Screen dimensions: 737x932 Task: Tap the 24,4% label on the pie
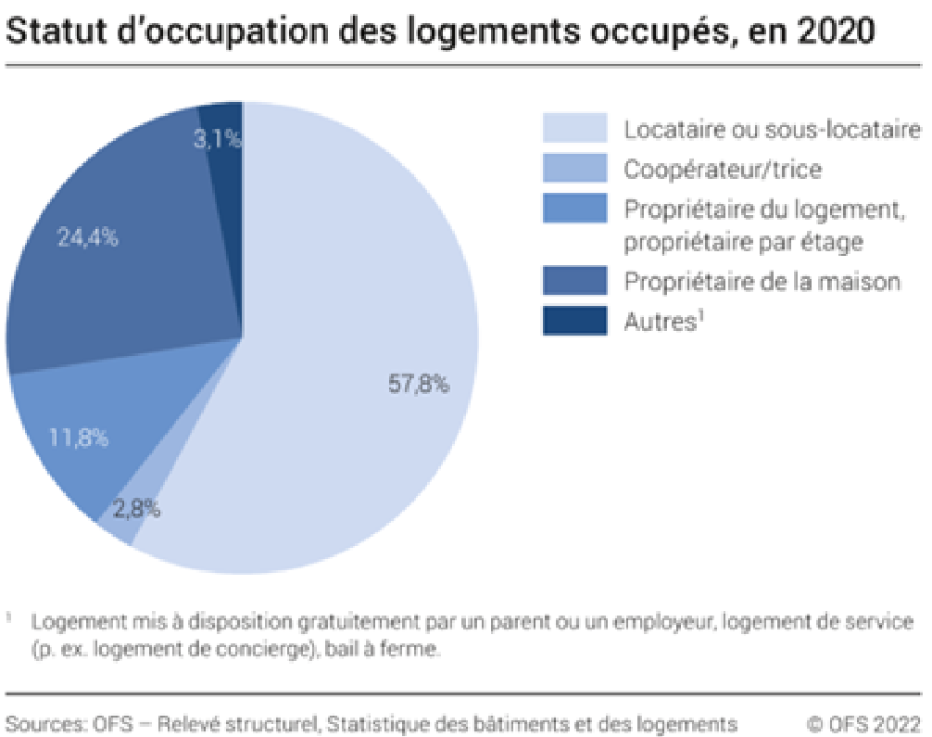click(88, 237)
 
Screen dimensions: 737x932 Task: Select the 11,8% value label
click(78, 437)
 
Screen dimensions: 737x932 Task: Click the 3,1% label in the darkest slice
click(220, 139)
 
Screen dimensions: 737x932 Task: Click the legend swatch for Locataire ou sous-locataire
click(574, 128)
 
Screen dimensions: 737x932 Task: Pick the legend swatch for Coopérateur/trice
click(574, 168)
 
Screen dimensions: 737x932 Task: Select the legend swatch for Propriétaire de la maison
click(574, 280)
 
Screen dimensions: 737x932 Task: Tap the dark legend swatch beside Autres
click(574, 320)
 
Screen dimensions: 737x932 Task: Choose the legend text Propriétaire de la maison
click(762, 281)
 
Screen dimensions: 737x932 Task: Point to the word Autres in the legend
click(655, 322)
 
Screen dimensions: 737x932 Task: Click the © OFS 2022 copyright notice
click(863, 722)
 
